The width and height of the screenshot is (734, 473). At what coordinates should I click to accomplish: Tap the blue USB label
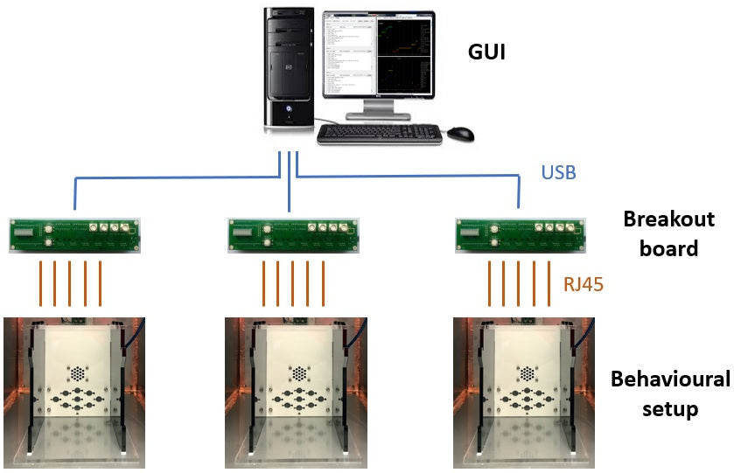pos(558,172)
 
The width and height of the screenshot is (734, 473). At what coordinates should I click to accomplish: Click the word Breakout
pos(668,219)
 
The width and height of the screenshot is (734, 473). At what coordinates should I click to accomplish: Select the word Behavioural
pos(669,379)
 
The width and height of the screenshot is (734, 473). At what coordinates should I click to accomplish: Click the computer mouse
pos(461,134)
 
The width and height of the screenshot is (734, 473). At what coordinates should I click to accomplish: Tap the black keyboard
pos(379,134)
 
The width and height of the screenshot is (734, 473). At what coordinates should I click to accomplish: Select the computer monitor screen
pos(379,53)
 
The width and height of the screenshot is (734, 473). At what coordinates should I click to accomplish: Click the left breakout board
pos(74,234)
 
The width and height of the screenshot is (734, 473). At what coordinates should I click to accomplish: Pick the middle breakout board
pos(291,234)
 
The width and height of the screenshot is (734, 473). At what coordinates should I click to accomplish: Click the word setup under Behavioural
pos(669,408)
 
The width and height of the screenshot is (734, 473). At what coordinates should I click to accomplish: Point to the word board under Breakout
pos(669,248)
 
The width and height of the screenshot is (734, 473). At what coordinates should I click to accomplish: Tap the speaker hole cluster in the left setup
pos(78,372)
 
